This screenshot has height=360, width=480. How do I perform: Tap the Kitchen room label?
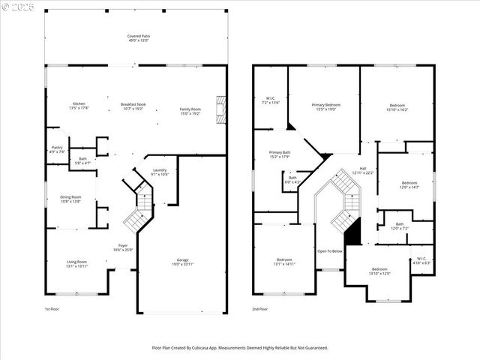point(79,105)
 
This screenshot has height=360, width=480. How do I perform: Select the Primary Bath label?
point(280,154)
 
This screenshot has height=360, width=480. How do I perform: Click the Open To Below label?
point(330,251)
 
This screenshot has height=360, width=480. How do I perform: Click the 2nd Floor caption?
point(260,309)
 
